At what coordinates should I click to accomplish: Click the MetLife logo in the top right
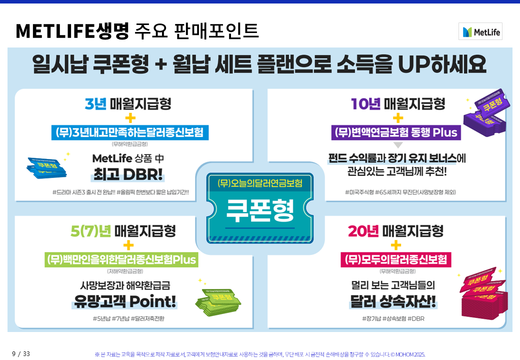[480, 31]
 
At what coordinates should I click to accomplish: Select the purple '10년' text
[365, 104]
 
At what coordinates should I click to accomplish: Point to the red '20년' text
[363, 231]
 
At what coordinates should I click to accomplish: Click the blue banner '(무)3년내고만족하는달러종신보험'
[129, 133]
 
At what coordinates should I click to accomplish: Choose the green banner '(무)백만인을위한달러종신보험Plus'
[121, 260]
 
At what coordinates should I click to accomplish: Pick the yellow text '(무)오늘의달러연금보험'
[260, 183]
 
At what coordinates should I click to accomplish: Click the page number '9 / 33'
[21, 353]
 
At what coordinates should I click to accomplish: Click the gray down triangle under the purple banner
[398, 146]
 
